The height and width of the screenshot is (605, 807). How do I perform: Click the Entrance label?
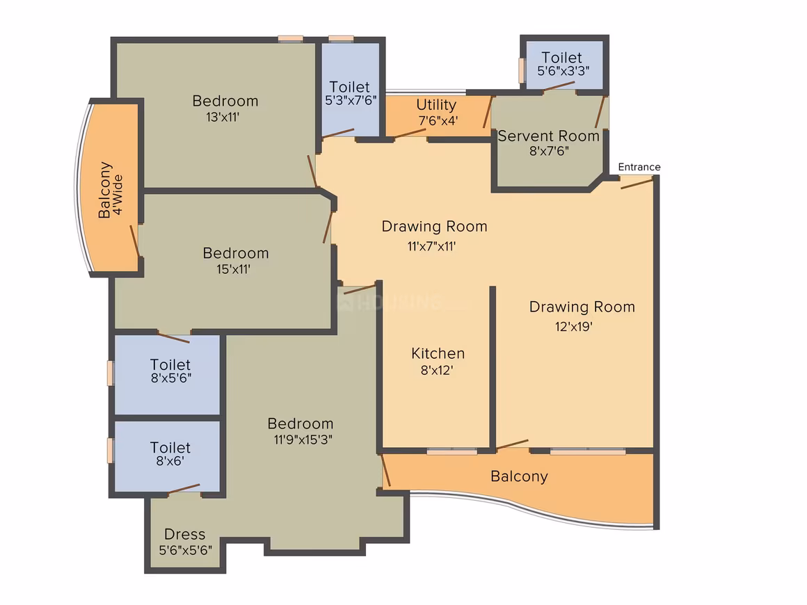click(639, 167)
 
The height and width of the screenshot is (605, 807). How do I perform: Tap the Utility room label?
click(436, 105)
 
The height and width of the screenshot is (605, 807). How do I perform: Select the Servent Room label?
click(549, 136)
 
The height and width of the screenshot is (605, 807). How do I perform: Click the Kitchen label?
click(438, 353)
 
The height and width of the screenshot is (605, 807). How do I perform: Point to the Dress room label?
click(185, 534)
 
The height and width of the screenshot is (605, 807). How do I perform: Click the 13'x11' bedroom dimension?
click(223, 117)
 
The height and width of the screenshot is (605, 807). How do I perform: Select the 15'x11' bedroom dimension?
click(233, 269)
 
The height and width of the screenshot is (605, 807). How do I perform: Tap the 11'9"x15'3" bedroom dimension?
click(303, 439)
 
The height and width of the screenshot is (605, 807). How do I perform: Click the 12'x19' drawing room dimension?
click(573, 326)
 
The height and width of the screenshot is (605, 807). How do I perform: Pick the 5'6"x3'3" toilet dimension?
click(564, 71)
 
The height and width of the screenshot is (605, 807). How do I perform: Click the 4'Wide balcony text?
click(118, 195)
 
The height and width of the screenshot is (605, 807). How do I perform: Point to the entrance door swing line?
click(637, 184)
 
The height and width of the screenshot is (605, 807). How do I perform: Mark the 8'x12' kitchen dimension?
click(436, 371)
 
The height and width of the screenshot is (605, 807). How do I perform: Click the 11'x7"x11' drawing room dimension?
click(432, 246)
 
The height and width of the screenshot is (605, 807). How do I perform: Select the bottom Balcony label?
click(519, 476)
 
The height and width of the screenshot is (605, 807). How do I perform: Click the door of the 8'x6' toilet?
click(184, 489)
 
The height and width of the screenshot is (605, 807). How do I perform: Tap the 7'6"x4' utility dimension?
click(438, 120)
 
